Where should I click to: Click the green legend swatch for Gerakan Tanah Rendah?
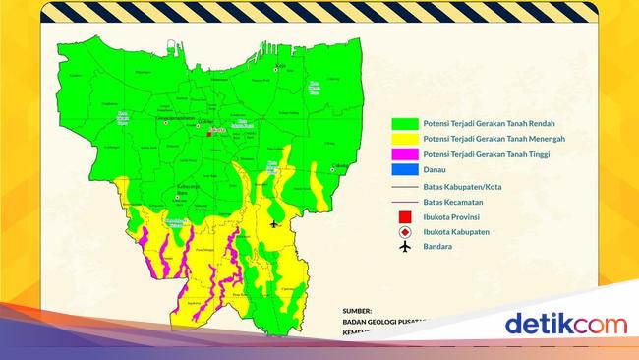(x=403, y=124)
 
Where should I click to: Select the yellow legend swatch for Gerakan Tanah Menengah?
(x=403, y=140)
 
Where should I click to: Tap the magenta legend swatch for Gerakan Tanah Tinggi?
(x=403, y=154)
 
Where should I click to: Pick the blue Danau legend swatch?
(x=403, y=170)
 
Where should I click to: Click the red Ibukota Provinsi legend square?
(x=403, y=216)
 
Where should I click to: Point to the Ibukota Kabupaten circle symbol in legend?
(x=403, y=232)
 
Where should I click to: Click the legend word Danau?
(x=435, y=170)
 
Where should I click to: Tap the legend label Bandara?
(x=437, y=247)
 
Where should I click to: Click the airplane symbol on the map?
(x=274, y=224)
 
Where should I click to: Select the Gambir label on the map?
(x=206, y=122)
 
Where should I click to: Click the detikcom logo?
(x=565, y=324)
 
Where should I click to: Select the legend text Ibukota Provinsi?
(x=456, y=216)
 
